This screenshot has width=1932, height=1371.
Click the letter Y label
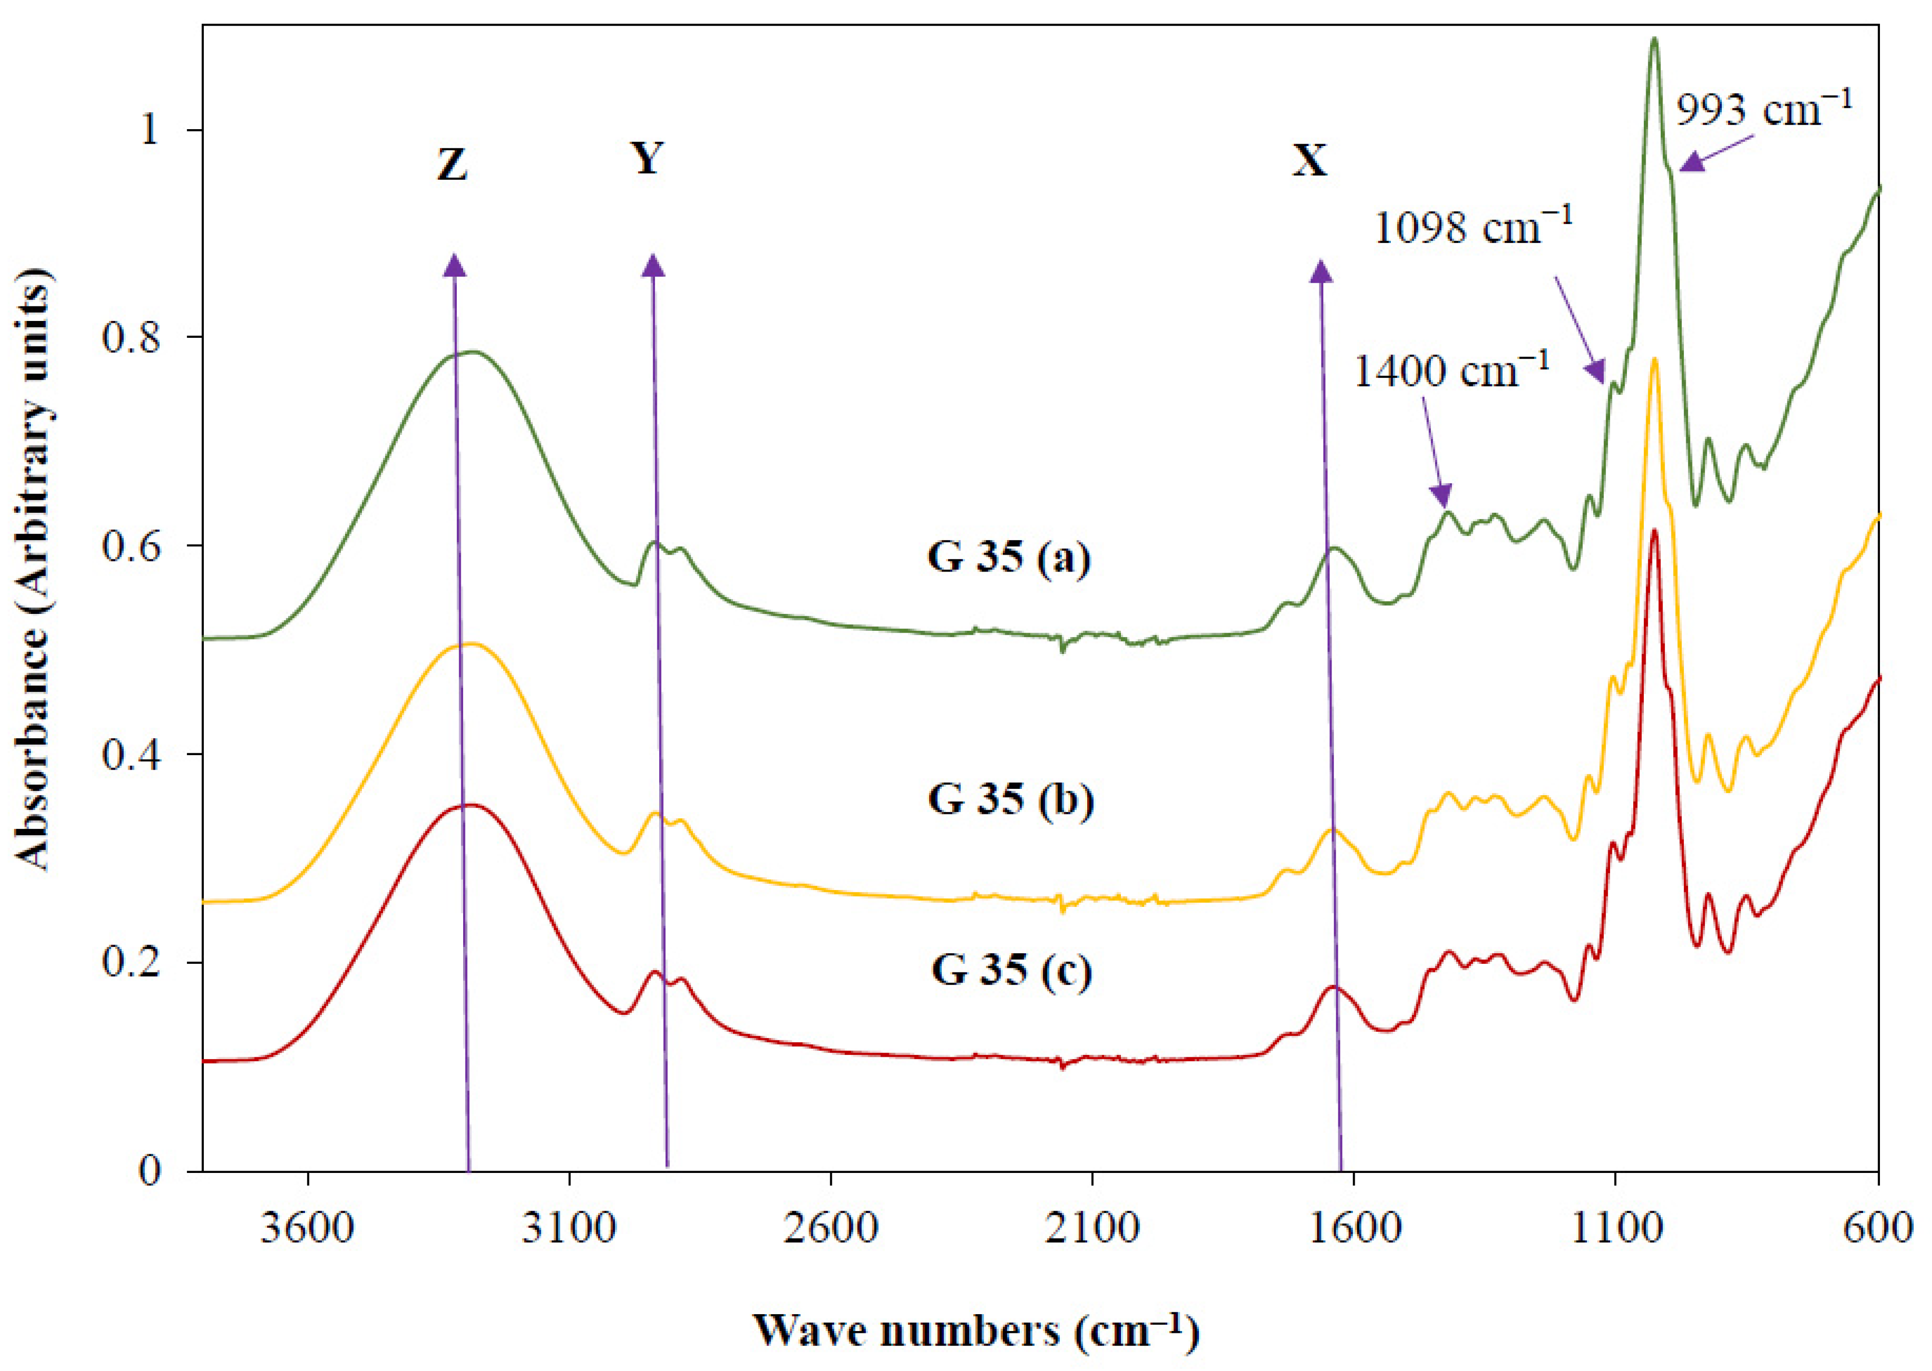coord(647,158)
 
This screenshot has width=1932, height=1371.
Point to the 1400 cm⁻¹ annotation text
coord(1451,372)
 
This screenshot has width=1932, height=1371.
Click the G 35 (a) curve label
coord(1009,557)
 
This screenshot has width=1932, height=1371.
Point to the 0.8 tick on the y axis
coord(130,337)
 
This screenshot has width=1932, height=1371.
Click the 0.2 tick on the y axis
coord(130,963)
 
